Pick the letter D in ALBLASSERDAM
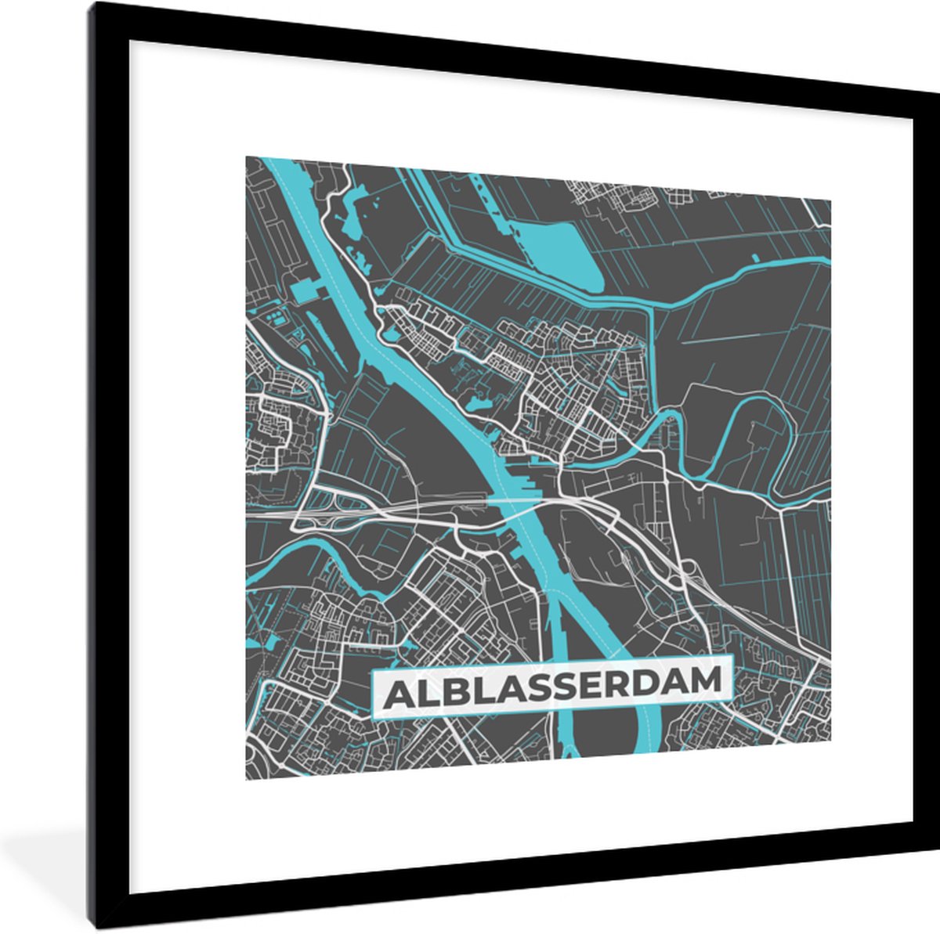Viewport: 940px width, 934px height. point(642,683)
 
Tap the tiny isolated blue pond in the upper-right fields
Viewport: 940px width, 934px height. point(757,256)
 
